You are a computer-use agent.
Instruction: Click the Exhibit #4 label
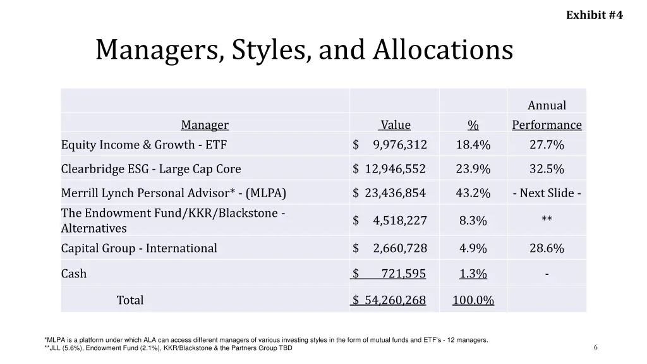tap(594, 15)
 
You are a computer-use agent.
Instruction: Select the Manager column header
tap(205, 125)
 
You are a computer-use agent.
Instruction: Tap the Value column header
tap(396, 125)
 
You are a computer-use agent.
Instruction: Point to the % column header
tap(473, 125)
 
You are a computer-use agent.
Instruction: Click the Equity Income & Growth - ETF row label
tap(143, 145)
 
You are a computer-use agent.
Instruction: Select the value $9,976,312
tap(390, 145)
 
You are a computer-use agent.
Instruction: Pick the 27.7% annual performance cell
tap(547, 145)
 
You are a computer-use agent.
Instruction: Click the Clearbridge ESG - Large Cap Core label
tap(151, 169)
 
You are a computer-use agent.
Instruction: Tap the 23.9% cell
tap(473, 169)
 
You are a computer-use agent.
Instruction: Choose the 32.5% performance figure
tap(547, 169)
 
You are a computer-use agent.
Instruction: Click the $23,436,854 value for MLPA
tap(390, 193)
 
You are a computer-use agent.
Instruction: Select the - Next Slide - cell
tap(547, 193)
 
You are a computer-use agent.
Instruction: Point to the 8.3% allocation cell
tap(473, 221)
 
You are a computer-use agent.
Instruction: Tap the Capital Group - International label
tap(139, 248)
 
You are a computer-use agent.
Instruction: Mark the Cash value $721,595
tap(389, 274)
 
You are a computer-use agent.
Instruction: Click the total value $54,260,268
tap(389, 300)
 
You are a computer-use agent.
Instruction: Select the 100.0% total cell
tap(473, 300)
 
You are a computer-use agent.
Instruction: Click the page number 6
tap(595, 347)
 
